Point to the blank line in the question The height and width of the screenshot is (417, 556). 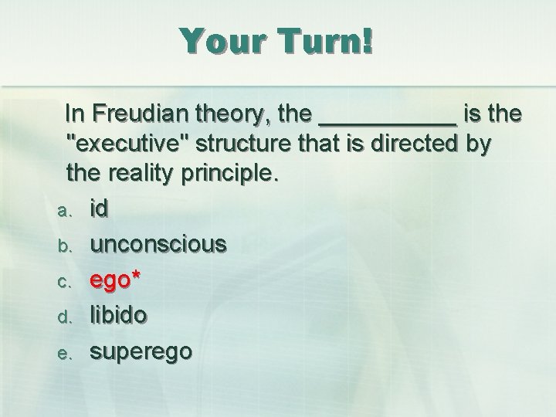tap(387, 120)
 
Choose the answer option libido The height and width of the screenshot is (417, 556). tap(120, 314)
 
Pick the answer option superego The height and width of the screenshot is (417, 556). tap(141, 351)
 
